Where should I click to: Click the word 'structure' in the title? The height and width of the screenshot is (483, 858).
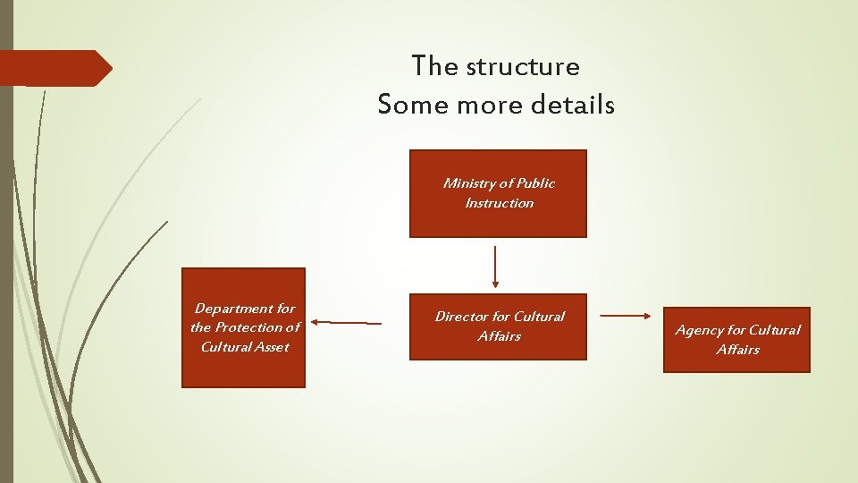[x=522, y=66]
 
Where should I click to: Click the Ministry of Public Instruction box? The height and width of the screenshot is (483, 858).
[x=498, y=193]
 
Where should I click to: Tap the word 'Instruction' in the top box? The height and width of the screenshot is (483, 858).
[x=499, y=203]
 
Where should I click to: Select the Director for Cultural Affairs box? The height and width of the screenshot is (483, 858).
[x=498, y=326]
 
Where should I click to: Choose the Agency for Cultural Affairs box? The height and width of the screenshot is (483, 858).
[x=736, y=340]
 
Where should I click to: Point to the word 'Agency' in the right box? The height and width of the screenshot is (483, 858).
[x=697, y=330]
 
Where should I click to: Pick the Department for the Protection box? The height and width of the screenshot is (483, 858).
[x=243, y=327]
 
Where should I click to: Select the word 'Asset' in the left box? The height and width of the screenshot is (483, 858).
[x=271, y=347]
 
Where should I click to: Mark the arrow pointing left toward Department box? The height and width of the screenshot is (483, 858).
[x=346, y=322]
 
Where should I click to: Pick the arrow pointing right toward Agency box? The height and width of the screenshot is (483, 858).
[x=625, y=316]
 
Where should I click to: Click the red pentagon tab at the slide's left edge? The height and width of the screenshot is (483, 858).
[x=54, y=68]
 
